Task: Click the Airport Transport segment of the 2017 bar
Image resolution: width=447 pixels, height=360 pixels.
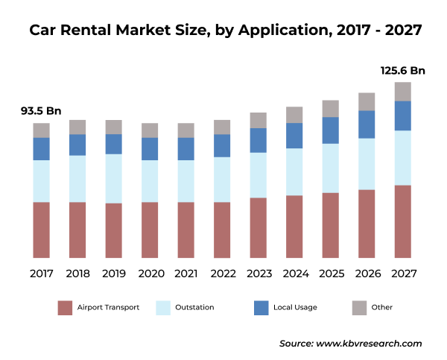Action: click(41, 230)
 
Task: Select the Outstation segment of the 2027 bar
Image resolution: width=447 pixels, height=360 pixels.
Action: click(403, 157)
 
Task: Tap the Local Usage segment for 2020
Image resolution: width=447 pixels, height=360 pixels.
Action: click(150, 149)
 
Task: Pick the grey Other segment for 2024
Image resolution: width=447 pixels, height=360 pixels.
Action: click(294, 115)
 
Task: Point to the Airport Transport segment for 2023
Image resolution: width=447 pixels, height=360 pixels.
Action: click(258, 227)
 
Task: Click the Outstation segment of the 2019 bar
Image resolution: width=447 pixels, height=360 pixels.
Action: click(114, 178)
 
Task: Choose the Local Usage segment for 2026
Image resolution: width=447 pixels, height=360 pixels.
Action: click(367, 124)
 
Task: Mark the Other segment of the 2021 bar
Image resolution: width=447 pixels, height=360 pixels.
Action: click(186, 130)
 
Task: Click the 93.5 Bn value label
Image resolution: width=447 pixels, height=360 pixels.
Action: click(41, 111)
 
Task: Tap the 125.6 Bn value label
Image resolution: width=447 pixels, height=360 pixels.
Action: click(402, 71)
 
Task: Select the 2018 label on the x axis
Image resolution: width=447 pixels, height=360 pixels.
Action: click(77, 274)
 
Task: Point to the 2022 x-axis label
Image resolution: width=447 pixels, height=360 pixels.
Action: click(222, 274)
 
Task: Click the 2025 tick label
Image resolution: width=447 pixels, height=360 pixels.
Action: click(331, 274)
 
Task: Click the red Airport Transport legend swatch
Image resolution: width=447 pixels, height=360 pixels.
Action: click(65, 307)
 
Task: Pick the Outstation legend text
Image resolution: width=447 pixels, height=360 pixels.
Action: click(194, 307)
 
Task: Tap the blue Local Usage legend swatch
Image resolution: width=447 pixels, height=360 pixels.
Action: click(261, 307)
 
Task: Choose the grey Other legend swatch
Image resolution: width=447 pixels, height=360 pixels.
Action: click(358, 307)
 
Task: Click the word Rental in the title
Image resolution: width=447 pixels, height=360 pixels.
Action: click(91, 31)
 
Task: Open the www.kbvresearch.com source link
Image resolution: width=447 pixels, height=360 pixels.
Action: click(369, 344)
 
